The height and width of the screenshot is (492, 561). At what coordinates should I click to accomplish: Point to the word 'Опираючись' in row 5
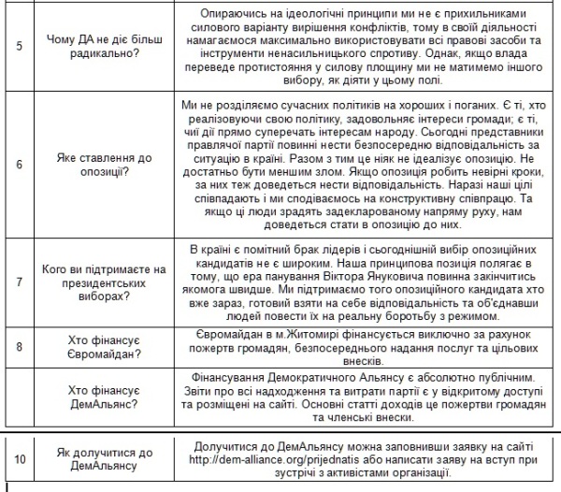[x=234, y=12]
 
